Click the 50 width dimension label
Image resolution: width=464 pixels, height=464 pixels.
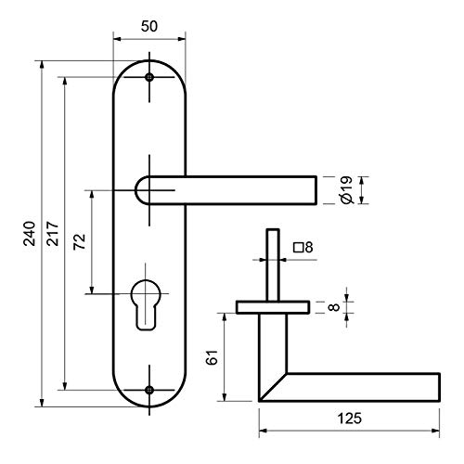point(149,26)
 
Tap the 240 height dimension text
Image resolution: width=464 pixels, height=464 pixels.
point(30,234)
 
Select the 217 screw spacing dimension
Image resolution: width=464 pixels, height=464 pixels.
point(53,234)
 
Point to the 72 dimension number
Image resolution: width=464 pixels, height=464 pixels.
point(79,242)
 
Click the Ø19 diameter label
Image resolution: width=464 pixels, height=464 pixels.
point(346,190)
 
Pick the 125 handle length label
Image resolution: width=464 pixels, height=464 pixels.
point(349,419)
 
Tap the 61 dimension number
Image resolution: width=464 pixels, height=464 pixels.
point(213,357)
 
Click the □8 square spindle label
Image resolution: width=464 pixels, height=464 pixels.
point(303,248)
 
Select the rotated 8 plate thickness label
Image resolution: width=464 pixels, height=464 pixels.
point(334,307)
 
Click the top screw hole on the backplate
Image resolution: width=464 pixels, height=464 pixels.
point(149,77)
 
